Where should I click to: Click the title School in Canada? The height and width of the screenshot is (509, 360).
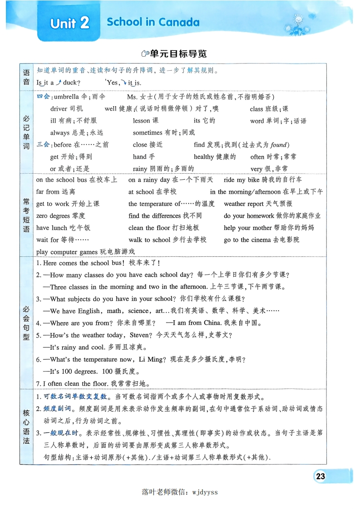click(x=153, y=22)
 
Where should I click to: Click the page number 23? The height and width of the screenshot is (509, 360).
click(x=320, y=476)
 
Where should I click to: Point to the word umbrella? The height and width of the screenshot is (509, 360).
click(x=66, y=97)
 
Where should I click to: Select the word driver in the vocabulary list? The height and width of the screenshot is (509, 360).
click(x=59, y=109)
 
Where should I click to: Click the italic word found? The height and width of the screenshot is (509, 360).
click(x=279, y=145)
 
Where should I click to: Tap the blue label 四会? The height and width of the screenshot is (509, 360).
click(x=43, y=97)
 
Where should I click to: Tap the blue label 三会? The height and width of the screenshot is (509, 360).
click(x=43, y=145)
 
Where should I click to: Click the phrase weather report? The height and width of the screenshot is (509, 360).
click(x=243, y=204)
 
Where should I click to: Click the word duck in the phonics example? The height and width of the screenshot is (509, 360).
click(x=70, y=83)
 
